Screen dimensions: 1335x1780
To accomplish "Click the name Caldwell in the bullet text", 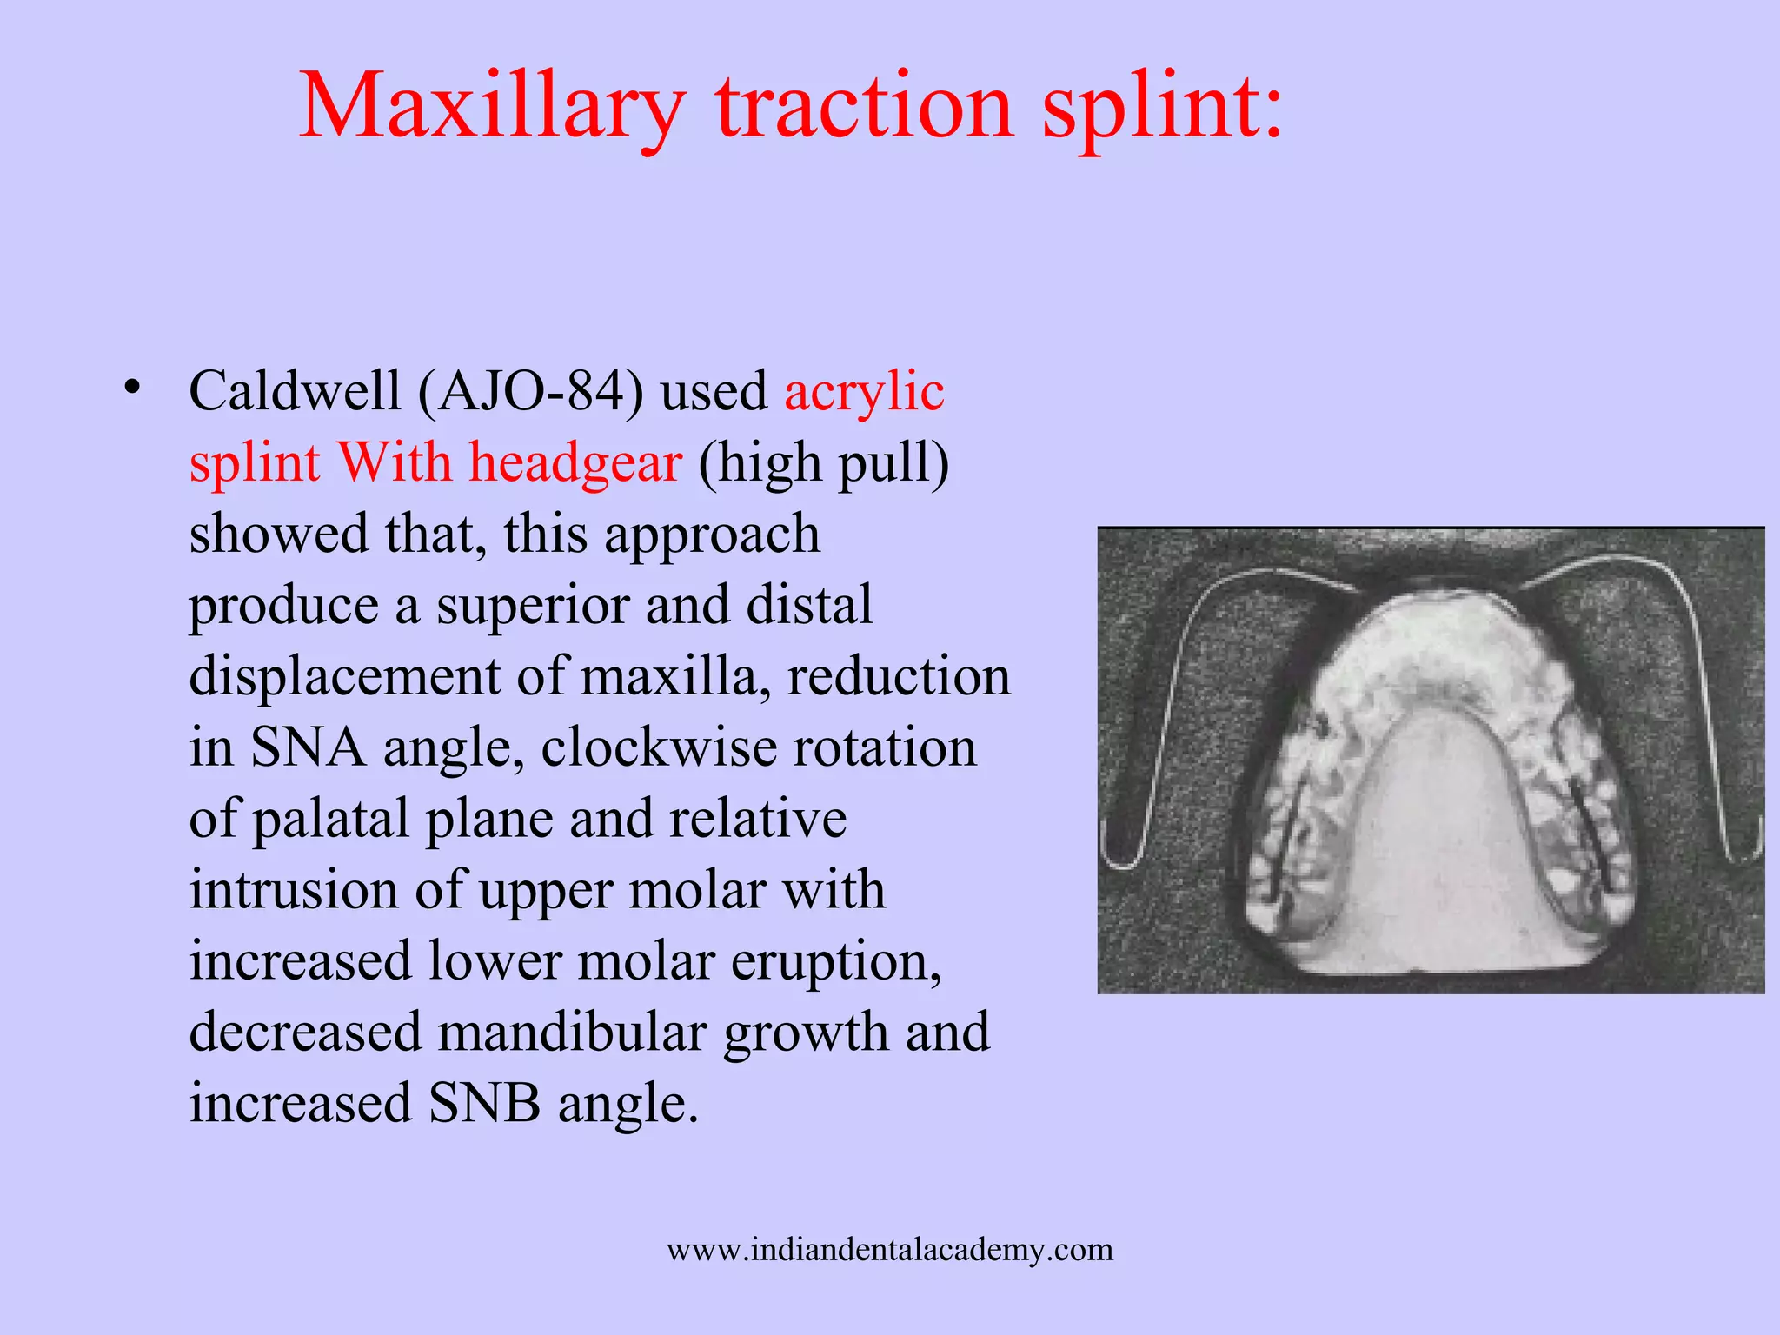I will click(295, 391).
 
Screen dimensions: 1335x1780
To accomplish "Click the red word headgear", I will click(575, 462).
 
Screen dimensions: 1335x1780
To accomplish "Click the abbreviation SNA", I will click(308, 747).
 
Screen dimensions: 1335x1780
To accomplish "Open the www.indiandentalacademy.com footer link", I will click(890, 1250).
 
